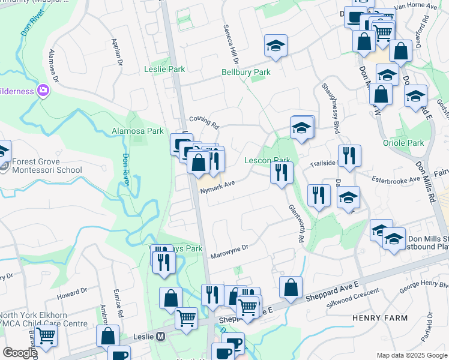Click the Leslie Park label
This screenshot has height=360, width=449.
[164, 69]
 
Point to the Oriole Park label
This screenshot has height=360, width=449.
[403, 143]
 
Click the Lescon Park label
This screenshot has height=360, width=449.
[267, 160]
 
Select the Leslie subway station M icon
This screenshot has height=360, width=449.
[160, 337]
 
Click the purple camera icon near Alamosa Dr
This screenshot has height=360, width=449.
[43, 91]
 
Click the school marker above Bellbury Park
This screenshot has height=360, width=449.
[276, 46]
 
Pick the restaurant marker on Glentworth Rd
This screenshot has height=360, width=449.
[282, 173]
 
